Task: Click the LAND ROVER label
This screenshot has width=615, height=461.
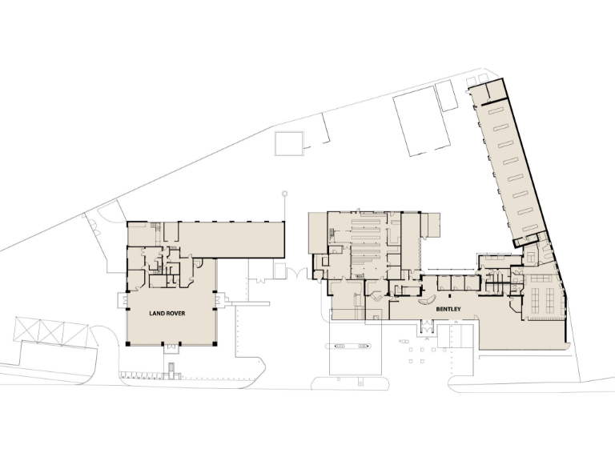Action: (167, 314)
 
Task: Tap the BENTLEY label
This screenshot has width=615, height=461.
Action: (447, 307)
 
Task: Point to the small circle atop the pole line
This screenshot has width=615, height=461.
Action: (283, 193)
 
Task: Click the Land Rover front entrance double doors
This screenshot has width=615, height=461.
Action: (171, 346)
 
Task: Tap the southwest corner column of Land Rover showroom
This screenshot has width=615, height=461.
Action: (127, 343)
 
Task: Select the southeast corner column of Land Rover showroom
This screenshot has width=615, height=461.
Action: (215, 343)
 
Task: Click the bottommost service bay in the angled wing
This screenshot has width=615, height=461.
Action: (530, 229)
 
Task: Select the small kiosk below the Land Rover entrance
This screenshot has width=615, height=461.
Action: (171, 369)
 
